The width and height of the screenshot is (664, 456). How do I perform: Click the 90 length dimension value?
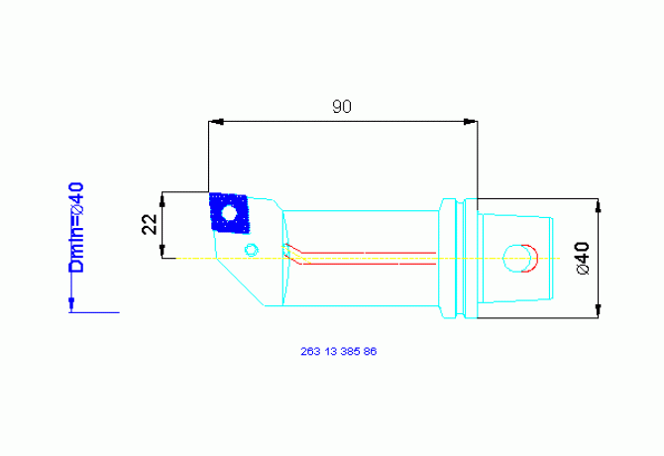click(x=341, y=107)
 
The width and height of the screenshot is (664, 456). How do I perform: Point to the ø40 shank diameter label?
click(x=582, y=258)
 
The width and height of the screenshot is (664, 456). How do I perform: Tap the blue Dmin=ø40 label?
click(x=75, y=227)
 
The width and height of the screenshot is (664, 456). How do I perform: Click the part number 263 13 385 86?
click(x=338, y=351)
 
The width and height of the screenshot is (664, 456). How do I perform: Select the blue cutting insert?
click(x=230, y=212)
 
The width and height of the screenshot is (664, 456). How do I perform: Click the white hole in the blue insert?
click(x=230, y=212)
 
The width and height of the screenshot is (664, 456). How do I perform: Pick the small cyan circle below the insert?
click(x=252, y=248)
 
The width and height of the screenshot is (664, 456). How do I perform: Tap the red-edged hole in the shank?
click(x=518, y=258)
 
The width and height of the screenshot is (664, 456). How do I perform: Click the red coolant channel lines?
click(x=367, y=257)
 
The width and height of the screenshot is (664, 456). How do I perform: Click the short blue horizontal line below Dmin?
click(x=94, y=312)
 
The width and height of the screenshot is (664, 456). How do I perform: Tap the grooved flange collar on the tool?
click(x=451, y=258)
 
